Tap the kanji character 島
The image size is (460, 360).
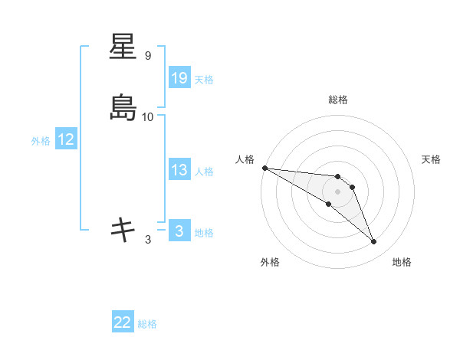point(123,107)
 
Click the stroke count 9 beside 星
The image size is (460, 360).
point(148,56)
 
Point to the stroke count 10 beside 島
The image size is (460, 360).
point(148,117)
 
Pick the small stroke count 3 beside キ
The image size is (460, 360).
point(148,240)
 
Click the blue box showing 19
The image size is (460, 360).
point(179,78)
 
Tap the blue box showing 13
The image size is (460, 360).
point(179,170)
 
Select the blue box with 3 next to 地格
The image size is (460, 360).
point(179,231)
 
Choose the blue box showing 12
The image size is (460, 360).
point(66,139)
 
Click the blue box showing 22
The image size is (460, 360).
point(123,323)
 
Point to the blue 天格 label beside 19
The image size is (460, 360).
point(204,80)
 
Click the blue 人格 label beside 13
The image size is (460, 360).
point(204,172)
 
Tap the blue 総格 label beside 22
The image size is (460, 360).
point(147,325)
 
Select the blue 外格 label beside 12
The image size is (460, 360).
point(41,141)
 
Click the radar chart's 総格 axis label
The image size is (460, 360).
point(338,100)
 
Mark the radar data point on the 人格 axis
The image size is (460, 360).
point(264,168)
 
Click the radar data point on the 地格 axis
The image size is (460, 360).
point(374,242)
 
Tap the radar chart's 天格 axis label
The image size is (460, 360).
point(431,159)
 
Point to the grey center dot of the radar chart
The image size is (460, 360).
point(338,191)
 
